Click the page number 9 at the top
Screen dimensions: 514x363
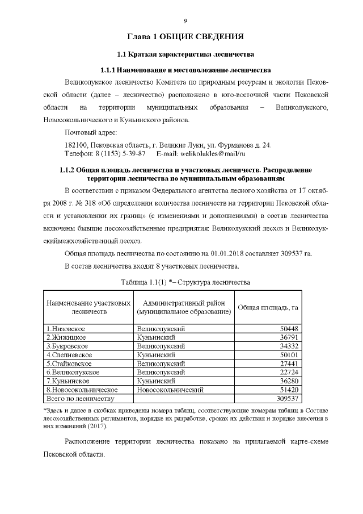click(x=185, y=21)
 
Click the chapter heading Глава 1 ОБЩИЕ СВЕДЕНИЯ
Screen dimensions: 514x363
click(x=185, y=37)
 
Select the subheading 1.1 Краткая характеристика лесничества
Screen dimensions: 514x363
click(x=185, y=55)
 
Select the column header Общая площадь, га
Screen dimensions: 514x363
click(x=268, y=307)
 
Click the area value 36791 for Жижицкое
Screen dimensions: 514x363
click(x=289, y=337)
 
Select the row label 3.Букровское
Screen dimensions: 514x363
click(x=67, y=346)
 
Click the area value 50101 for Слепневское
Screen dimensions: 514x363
click(x=289, y=354)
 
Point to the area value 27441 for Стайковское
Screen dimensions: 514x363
click(x=289, y=363)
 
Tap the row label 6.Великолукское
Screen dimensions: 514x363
click(x=73, y=372)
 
